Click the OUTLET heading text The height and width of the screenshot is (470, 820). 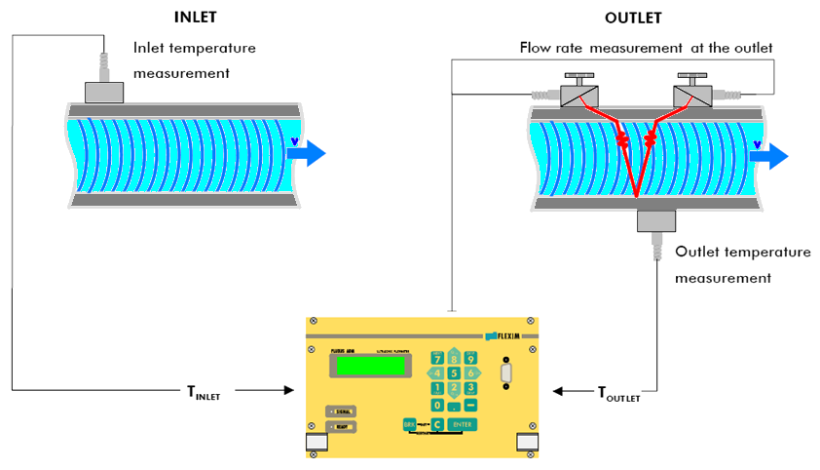tap(634, 18)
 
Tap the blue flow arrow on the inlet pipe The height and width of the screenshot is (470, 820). tap(310, 153)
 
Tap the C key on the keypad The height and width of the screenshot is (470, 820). tap(438, 424)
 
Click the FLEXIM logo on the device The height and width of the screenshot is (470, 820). tap(504, 334)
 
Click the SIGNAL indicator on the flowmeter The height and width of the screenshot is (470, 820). tap(342, 411)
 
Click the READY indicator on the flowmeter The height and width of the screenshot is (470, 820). tap(342, 427)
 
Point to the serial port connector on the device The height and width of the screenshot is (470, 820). tap(505, 372)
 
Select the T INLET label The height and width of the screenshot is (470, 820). tap(204, 393)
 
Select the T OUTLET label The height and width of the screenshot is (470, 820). tap(618, 393)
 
